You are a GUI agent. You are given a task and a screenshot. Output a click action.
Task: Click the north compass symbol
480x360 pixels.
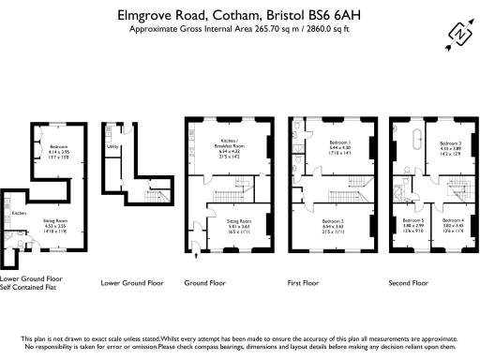(459, 35)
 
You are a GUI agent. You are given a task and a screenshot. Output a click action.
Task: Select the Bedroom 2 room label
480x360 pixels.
(335, 221)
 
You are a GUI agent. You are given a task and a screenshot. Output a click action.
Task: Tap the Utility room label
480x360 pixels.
(112, 147)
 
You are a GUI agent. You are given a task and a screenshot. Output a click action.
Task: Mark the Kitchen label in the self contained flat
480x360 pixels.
(17, 213)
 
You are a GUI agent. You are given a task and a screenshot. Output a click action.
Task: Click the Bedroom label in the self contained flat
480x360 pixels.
(60, 146)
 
